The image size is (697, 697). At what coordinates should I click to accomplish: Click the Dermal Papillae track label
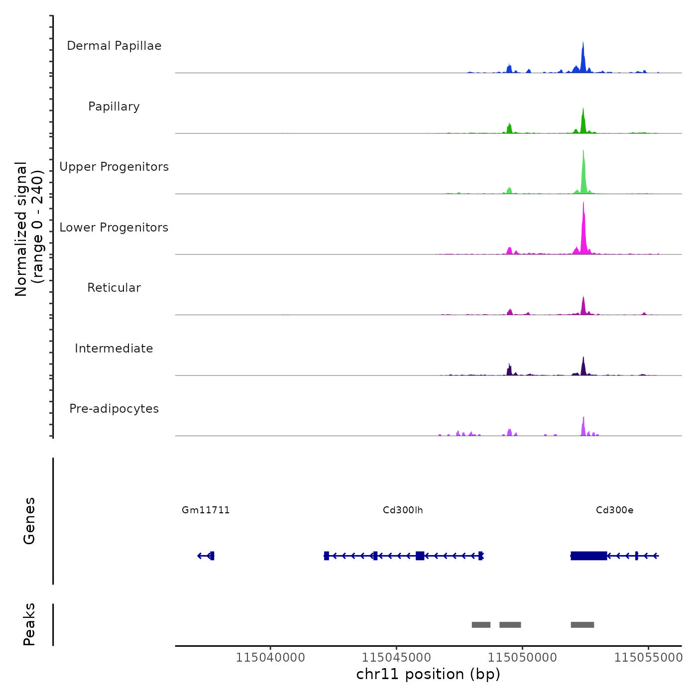coord(114,46)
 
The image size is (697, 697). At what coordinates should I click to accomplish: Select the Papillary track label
coord(114,107)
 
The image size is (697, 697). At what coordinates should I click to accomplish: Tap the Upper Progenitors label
coord(114,167)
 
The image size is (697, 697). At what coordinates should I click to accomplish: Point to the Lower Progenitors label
coord(114,228)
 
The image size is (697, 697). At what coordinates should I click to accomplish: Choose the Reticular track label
coord(114,288)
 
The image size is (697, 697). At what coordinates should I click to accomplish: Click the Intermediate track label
coord(114,348)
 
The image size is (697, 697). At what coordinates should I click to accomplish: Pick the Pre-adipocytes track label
coord(114,409)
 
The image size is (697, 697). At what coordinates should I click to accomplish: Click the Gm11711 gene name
coord(206,510)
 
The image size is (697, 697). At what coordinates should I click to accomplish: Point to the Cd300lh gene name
coord(403,510)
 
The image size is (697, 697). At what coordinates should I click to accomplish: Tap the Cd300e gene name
coord(614,510)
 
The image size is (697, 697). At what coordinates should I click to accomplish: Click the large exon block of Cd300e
coord(588,556)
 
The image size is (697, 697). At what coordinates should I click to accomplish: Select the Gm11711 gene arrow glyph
coord(206,556)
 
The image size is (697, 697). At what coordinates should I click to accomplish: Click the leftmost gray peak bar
coord(481,625)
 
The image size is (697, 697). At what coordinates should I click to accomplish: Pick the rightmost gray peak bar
coord(582,625)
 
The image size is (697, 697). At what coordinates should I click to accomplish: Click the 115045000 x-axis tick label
coord(396,657)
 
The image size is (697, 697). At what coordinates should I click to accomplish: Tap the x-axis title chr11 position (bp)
coord(428,674)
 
